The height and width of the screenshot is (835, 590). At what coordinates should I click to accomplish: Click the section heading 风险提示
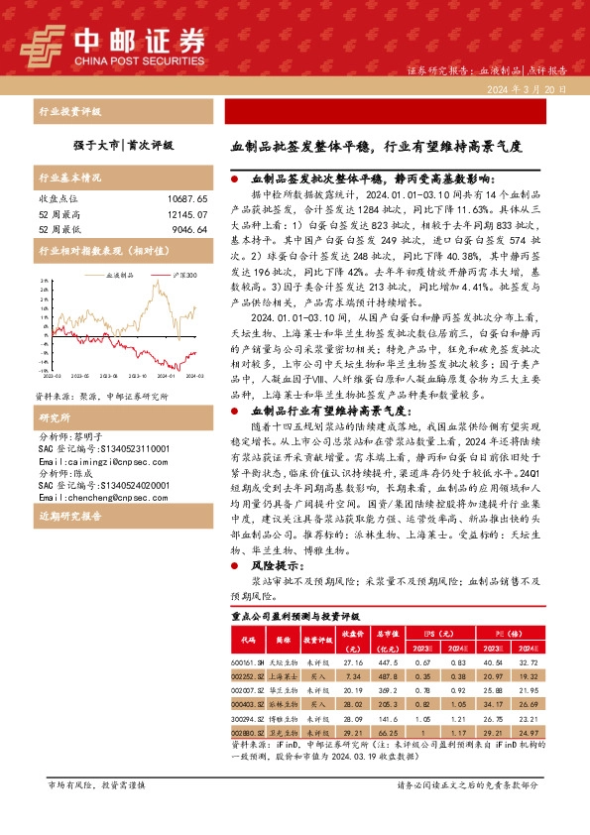[274, 564]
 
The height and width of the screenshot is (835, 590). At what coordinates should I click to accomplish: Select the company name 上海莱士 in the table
[284, 676]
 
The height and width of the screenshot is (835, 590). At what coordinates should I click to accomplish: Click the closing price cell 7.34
[353, 676]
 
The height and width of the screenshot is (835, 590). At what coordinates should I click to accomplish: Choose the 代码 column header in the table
[248, 638]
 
